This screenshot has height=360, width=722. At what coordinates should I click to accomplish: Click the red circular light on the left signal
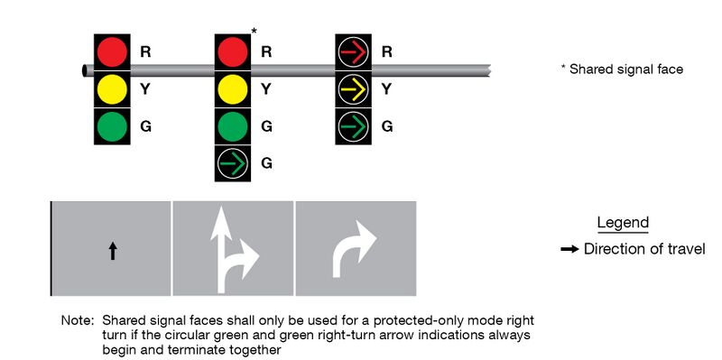[112, 51]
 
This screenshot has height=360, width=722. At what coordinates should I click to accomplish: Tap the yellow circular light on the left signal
[112, 88]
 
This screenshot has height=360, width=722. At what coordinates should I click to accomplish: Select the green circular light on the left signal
[112, 125]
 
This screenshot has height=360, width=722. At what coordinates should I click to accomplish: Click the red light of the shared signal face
[233, 51]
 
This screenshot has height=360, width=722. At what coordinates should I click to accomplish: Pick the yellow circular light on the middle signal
[233, 88]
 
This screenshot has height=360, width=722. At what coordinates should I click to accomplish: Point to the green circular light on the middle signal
[233, 125]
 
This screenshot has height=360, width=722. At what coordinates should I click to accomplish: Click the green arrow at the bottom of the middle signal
[233, 163]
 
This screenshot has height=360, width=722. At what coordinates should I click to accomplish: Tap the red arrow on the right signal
[353, 51]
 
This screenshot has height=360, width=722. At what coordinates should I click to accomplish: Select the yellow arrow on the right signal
[353, 88]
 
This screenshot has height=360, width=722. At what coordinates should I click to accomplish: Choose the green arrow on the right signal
[353, 125]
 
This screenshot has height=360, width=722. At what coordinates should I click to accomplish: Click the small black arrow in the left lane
[113, 251]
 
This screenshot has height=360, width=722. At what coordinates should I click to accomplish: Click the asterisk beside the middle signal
[255, 32]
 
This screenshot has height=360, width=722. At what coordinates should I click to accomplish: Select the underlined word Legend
[623, 223]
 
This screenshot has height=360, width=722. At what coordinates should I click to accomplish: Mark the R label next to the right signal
[386, 51]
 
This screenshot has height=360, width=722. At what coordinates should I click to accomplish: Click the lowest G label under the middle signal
[266, 163]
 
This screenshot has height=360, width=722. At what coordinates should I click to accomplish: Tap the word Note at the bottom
[76, 320]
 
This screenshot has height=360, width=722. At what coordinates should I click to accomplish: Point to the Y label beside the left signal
[145, 88]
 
